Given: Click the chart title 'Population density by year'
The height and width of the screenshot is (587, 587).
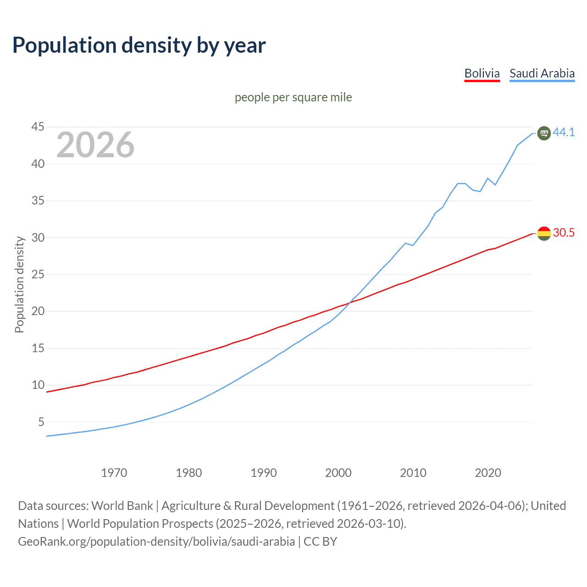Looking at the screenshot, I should (x=139, y=45).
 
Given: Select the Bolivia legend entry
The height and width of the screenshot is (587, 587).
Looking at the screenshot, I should (x=482, y=73).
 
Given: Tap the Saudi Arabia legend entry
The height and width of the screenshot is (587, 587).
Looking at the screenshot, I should (x=542, y=73).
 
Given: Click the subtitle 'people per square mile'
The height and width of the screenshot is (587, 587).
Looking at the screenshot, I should (x=293, y=97).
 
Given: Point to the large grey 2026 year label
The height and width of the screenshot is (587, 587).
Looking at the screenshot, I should (x=95, y=145).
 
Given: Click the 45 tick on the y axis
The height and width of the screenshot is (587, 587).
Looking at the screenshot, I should (x=38, y=127).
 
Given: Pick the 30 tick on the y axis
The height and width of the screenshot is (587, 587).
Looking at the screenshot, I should (x=38, y=238).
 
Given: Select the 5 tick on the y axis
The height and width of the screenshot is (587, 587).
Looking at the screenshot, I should (x=41, y=422).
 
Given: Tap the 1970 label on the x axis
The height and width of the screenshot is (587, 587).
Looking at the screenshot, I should (x=114, y=473).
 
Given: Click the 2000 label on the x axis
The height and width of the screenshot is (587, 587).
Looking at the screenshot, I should (x=338, y=473).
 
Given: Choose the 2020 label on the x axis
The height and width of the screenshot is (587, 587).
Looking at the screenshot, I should (x=487, y=473).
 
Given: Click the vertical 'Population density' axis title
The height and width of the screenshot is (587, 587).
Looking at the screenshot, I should (x=19, y=284).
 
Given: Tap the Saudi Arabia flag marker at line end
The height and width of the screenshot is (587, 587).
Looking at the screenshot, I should (x=544, y=133).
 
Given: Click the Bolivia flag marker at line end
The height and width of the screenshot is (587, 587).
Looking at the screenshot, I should (x=544, y=233).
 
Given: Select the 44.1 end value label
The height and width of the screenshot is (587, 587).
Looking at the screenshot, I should (x=564, y=132).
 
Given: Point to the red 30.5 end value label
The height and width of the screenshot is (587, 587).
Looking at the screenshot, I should (x=564, y=233).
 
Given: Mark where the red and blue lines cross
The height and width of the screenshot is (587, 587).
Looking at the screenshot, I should (x=349, y=303).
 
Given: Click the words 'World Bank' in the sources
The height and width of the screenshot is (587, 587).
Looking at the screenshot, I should (x=122, y=506).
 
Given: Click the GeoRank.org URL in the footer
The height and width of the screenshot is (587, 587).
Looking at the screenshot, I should (x=156, y=542).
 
